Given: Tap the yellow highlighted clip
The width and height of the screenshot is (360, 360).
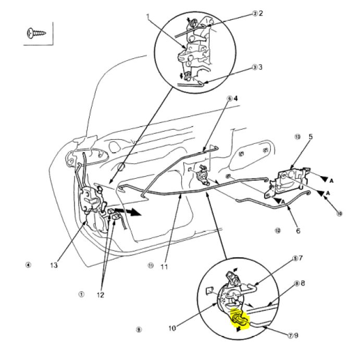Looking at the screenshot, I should point(239,317).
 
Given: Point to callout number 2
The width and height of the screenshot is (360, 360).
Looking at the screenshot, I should point(261,13).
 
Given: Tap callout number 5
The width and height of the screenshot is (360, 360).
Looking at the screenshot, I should point(311,137).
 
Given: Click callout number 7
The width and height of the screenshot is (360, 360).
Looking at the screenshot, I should point(301,258).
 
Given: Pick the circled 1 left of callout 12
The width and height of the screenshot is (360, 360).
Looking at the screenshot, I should point(81,294).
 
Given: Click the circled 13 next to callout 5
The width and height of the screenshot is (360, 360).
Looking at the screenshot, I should point(297,137).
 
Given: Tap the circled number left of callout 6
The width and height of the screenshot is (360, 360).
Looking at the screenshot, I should point(278,230).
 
